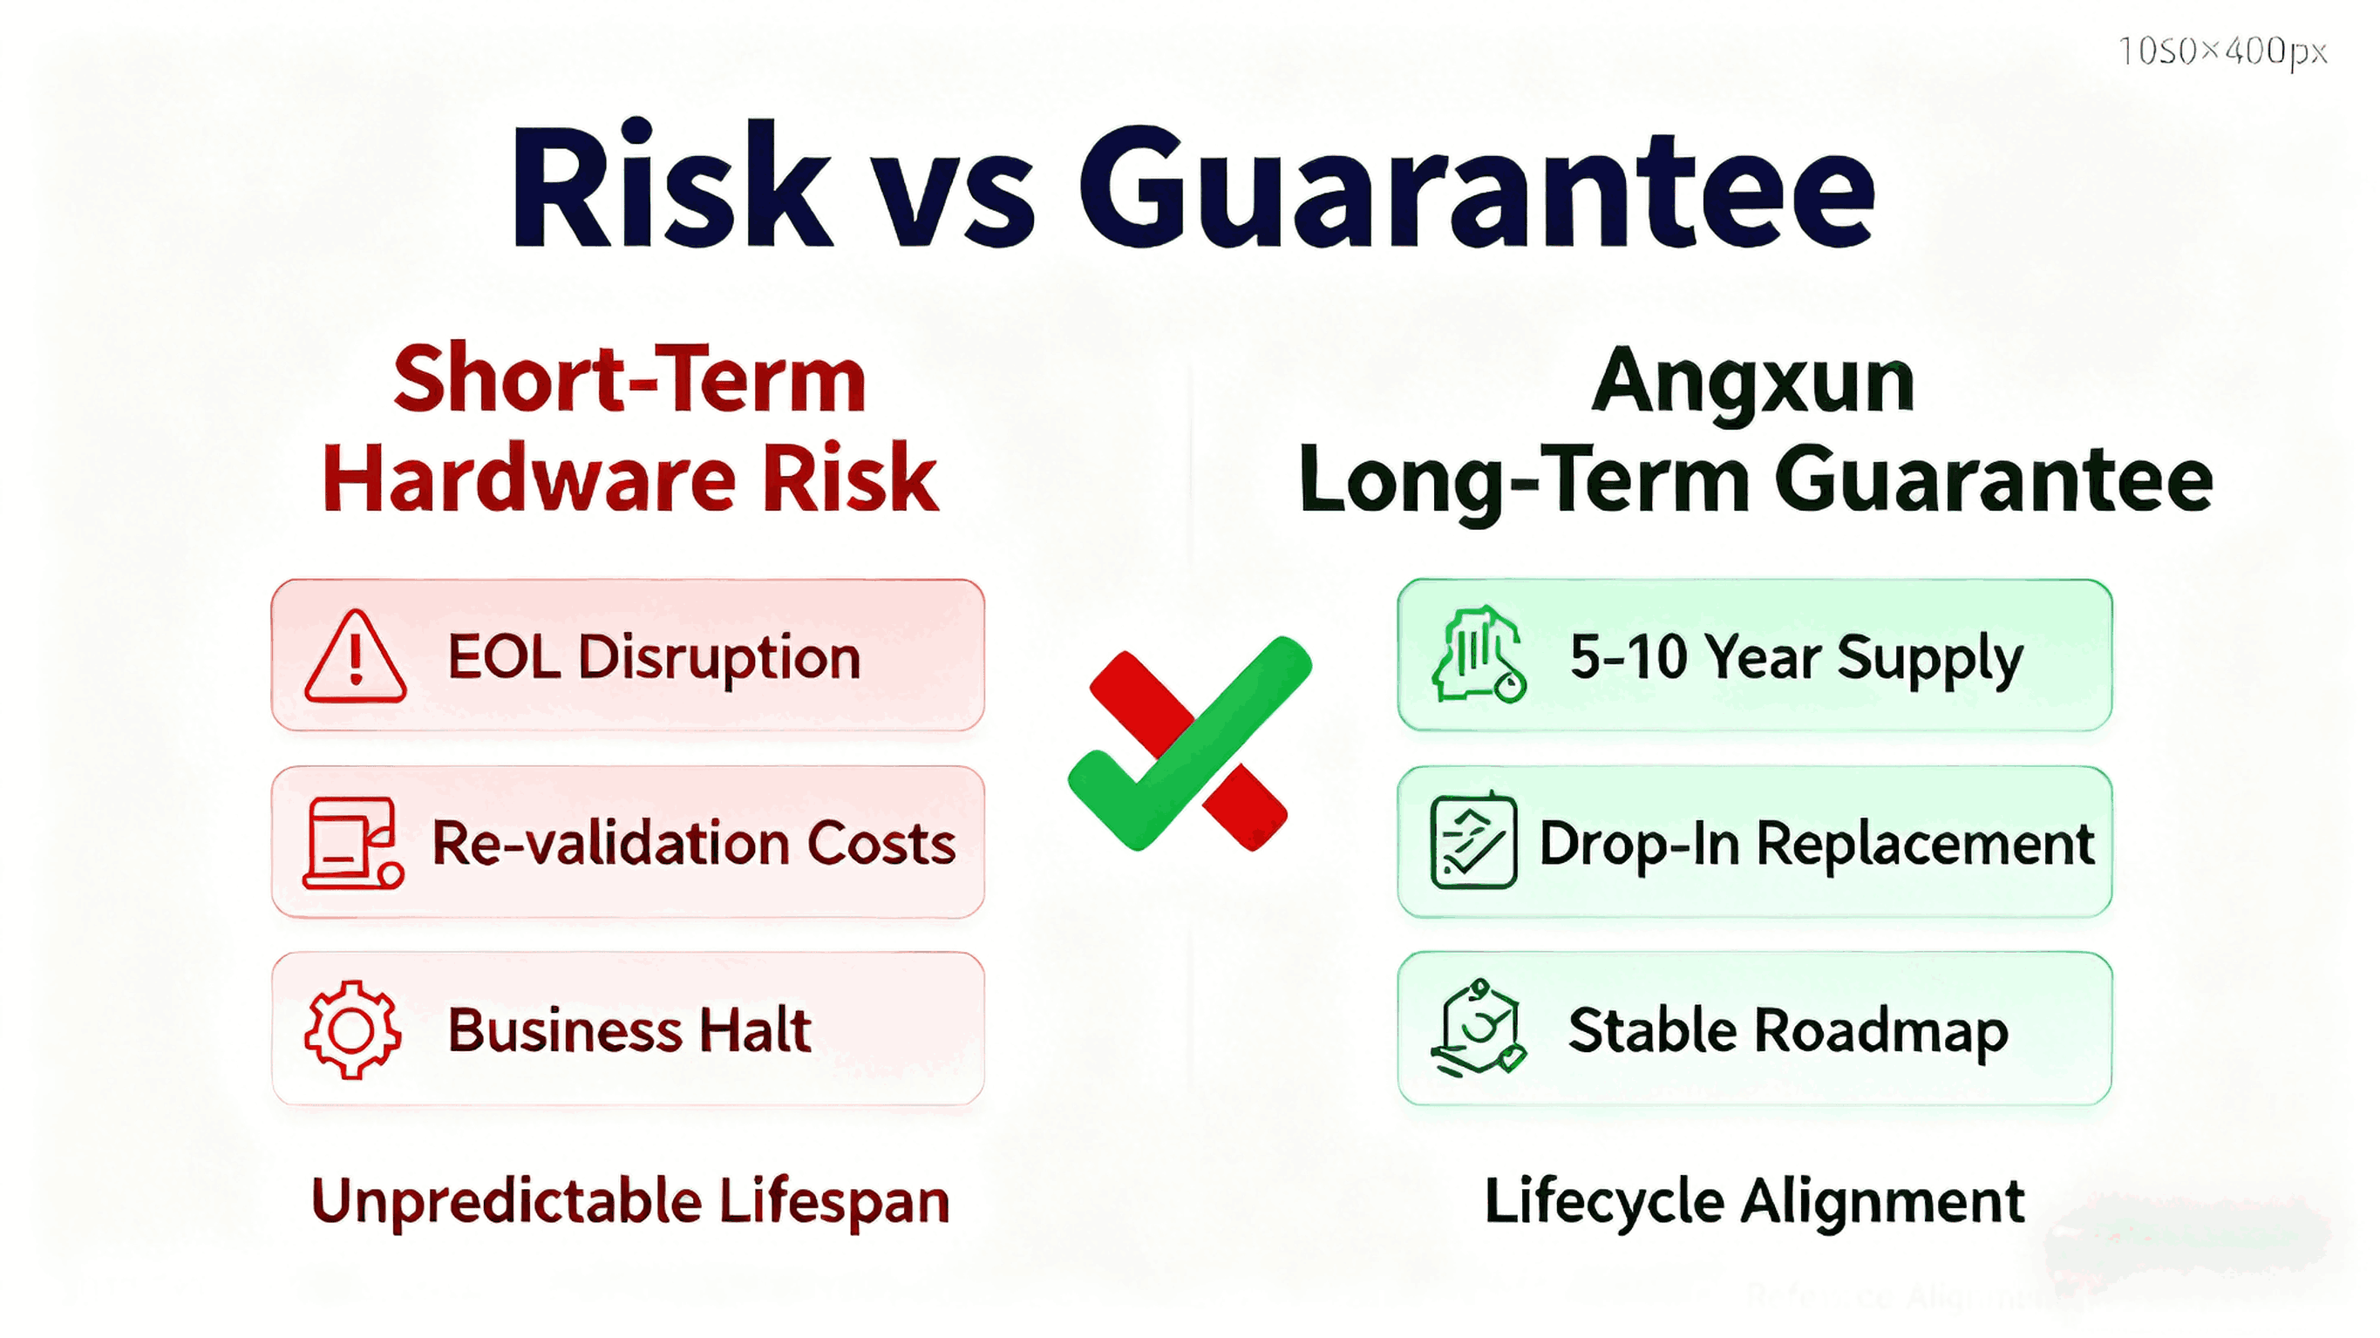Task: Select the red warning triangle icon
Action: tap(355, 658)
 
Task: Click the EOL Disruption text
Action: tap(653, 658)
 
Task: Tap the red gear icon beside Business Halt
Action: tap(352, 1029)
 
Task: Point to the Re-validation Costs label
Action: tap(693, 844)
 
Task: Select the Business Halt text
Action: tap(629, 1029)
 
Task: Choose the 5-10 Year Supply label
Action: tap(1795, 658)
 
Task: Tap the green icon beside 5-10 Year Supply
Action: tap(1477, 656)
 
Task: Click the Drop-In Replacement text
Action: tap(1815, 844)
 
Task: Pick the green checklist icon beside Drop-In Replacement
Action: tap(1472, 842)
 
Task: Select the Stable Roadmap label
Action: tap(1788, 1029)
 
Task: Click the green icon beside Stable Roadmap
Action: tap(1477, 1028)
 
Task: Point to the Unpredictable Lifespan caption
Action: tap(630, 1201)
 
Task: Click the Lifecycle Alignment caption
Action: tap(1753, 1201)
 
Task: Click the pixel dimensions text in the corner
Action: tap(2222, 51)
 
